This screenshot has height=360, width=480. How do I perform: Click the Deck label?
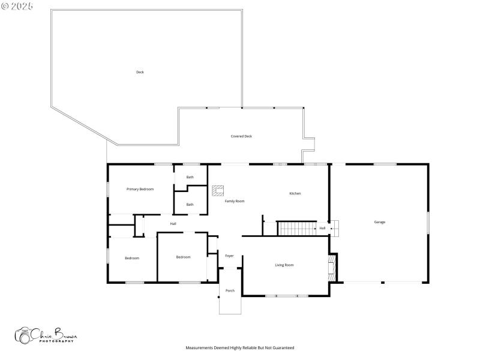(x=140, y=72)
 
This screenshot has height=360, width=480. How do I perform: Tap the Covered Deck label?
(x=241, y=136)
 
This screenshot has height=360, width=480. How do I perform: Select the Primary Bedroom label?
(x=140, y=189)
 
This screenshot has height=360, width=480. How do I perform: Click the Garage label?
(x=380, y=222)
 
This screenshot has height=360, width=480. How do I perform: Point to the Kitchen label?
(x=295, y=193)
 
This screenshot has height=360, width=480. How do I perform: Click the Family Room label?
(x=235, y=201)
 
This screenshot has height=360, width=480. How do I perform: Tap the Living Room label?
(x=284, y=265)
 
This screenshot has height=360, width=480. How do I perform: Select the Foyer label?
(x=229, y=256)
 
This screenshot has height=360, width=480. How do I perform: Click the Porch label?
(x=230, y=290)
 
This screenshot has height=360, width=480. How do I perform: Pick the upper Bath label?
(x=190, y=177)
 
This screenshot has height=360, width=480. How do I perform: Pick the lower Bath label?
(x=190, y=205)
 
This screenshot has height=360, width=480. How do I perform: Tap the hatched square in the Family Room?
(x=217, y=191)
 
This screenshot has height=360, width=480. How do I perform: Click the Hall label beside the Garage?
(x=322, y=228)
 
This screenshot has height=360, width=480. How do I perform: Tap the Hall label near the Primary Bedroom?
(x=173, y=224)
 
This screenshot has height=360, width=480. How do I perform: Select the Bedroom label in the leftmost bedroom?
(x=132, y=258)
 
